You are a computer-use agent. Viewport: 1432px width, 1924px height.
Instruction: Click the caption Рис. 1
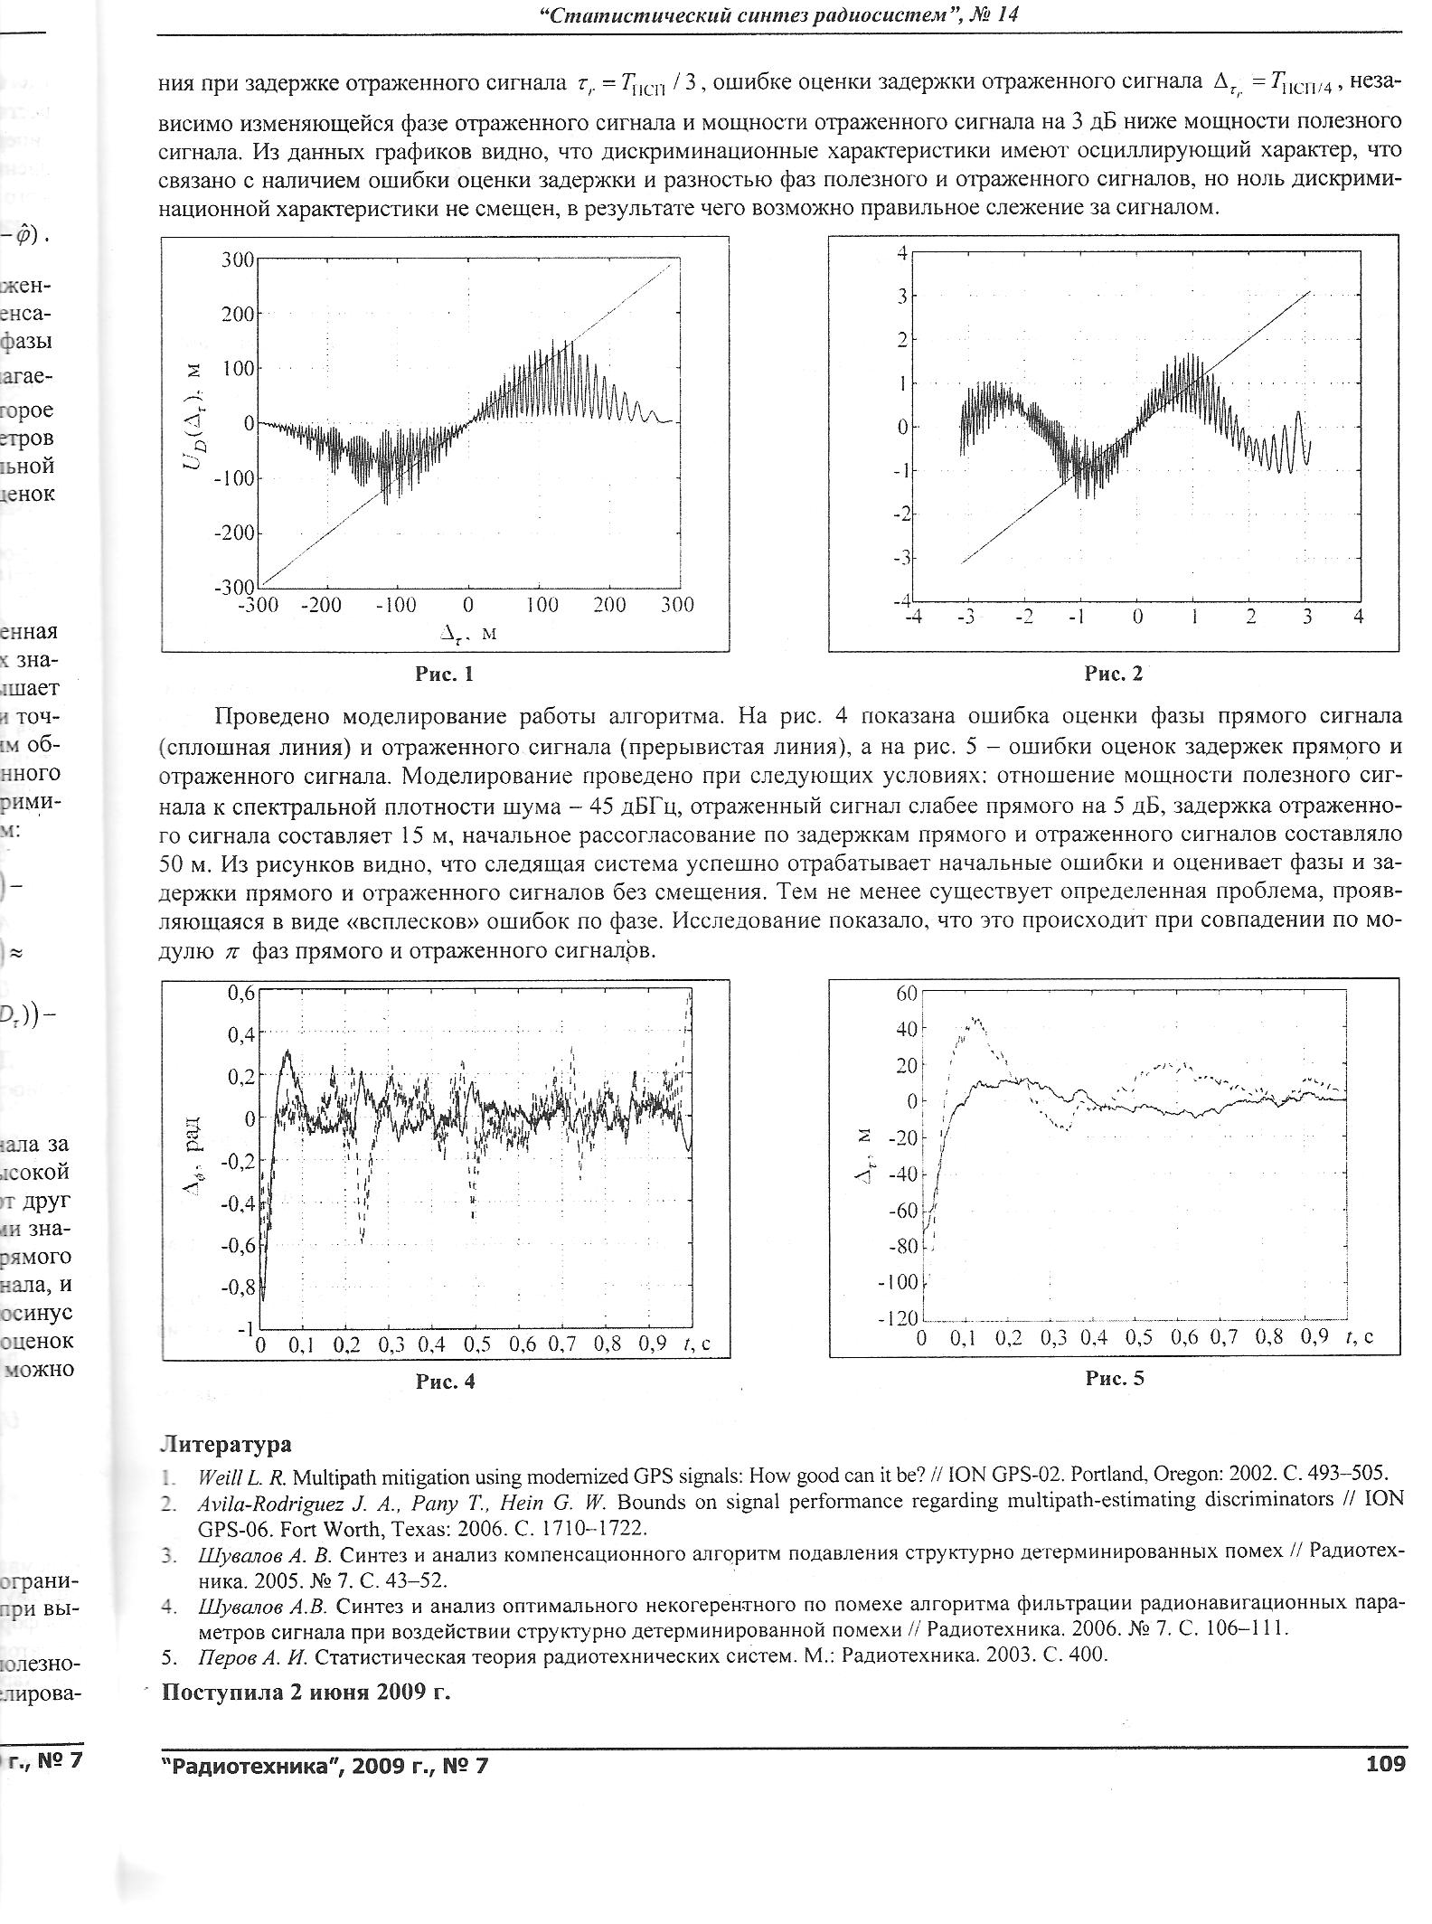[444, 674]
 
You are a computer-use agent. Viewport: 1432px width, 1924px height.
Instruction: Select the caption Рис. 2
[1114, 673]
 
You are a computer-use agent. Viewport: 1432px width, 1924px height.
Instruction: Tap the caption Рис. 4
[445, 1381]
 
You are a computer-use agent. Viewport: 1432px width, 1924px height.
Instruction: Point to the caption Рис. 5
[1115, 1378]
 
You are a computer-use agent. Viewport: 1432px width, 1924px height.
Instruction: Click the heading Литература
[226, 1445]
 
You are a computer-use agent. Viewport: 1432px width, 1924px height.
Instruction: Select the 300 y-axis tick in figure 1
[238, 260]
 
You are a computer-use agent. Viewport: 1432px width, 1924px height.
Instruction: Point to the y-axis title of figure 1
[193, 423]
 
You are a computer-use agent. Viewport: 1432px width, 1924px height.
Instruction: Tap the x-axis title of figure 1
[468, 634]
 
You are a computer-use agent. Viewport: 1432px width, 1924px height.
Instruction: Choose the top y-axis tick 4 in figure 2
[901, 253]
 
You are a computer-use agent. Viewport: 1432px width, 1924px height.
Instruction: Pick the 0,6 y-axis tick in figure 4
[240, 992]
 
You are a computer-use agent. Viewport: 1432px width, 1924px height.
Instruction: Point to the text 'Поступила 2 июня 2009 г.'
[306, 1692]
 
